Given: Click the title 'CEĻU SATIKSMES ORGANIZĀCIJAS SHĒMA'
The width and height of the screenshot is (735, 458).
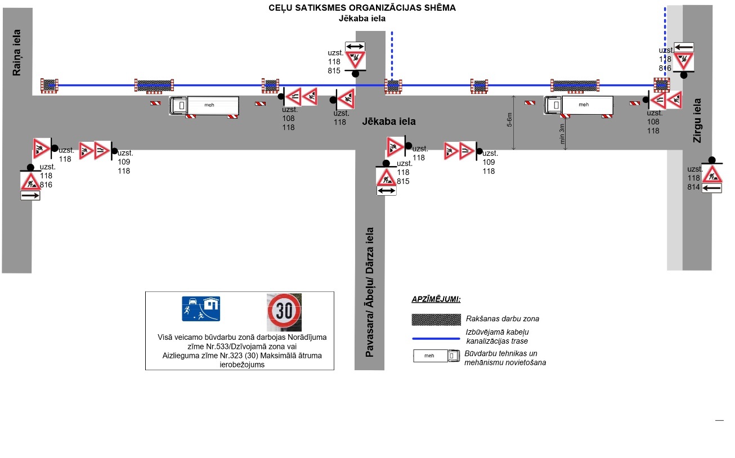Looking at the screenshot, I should click(362, 8).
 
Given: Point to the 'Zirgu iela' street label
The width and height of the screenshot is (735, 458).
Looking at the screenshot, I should click(697, 120).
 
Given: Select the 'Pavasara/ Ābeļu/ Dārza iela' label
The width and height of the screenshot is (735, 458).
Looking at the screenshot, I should click(370, 292).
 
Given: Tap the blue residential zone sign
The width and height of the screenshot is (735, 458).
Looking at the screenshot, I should click(201, 308).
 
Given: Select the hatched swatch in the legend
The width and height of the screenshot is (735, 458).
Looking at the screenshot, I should click(436, 319).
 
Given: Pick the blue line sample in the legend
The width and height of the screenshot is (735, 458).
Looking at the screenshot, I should click(436, 339).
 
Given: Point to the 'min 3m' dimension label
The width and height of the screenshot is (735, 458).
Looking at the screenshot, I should click(562, 135).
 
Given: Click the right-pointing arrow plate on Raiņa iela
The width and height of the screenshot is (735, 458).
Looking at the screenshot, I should click(30, 196).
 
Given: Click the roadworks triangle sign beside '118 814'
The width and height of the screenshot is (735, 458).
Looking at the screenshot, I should click(712, 174).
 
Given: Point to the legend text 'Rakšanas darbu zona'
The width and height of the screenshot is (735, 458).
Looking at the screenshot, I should click(491, 319).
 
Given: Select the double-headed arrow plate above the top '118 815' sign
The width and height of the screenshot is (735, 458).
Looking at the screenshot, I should click(355, 47).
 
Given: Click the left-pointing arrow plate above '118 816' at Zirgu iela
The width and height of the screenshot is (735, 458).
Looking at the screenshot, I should click(684, 47).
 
